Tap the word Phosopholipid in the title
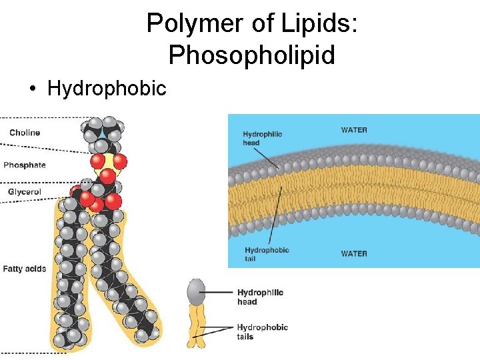coord(251,55)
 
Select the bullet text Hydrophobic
coord(107,88)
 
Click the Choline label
coord(25,133)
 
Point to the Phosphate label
coord(25,165)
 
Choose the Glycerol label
coord(25,192)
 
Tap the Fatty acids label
coord(25,269)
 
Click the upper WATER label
coord(354,130)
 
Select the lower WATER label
coord(354,253)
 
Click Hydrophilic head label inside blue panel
coord(262,138)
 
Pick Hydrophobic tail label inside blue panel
coord(266,254)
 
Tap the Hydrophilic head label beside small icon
coord(260,297)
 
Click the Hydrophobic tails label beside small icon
coord(262,332)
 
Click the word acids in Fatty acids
coord(35,269)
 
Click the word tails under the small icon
coord(245,337)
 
